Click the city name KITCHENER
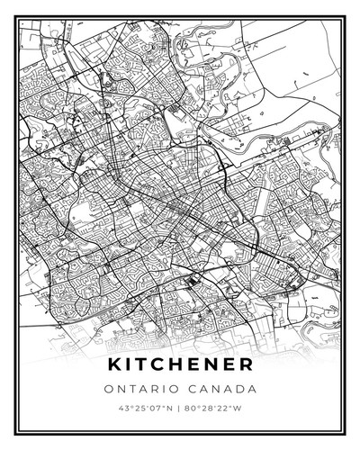pos(180,365)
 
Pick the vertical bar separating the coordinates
pos(180,410)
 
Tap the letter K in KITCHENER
pos(114,365)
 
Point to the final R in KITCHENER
pos(246,365)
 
